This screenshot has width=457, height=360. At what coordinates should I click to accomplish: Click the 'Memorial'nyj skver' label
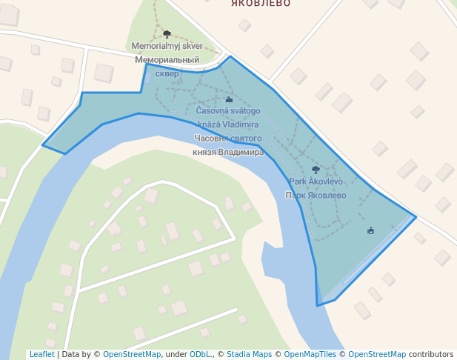[x=167, y=46]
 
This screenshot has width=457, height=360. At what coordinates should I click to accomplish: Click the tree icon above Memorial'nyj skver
[x=167, y=34]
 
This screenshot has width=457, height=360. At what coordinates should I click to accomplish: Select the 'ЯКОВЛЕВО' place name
[x=261, y=4]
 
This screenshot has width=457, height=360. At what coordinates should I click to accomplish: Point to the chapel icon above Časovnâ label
[x=229, y=99]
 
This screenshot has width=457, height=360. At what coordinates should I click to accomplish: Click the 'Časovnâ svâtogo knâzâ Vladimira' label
[x=227, y=118]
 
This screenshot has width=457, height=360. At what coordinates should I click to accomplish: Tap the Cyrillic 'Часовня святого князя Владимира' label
[x=228, y=145]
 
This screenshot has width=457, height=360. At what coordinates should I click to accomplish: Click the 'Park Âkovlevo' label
[x=316, y=181]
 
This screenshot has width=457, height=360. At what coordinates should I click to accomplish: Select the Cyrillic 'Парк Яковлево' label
[x=316, y=196]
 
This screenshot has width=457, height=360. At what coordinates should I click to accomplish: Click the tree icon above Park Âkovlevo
[x=316, y=170]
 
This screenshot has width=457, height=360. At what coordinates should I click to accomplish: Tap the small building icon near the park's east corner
[x=370, y=230]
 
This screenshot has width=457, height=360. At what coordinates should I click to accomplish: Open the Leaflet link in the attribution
[x=41, y=354]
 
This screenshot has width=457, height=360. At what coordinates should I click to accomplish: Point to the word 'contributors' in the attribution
[x=431, y=354]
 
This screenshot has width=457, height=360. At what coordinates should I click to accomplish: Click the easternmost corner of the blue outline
[x=416, y=217]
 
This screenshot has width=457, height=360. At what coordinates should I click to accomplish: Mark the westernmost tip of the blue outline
[x=42, y=145]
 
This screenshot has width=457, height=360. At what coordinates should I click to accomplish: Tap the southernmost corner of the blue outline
[x=318, y=305]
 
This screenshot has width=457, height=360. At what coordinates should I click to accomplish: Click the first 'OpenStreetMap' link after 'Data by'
[x=132, y=354]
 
